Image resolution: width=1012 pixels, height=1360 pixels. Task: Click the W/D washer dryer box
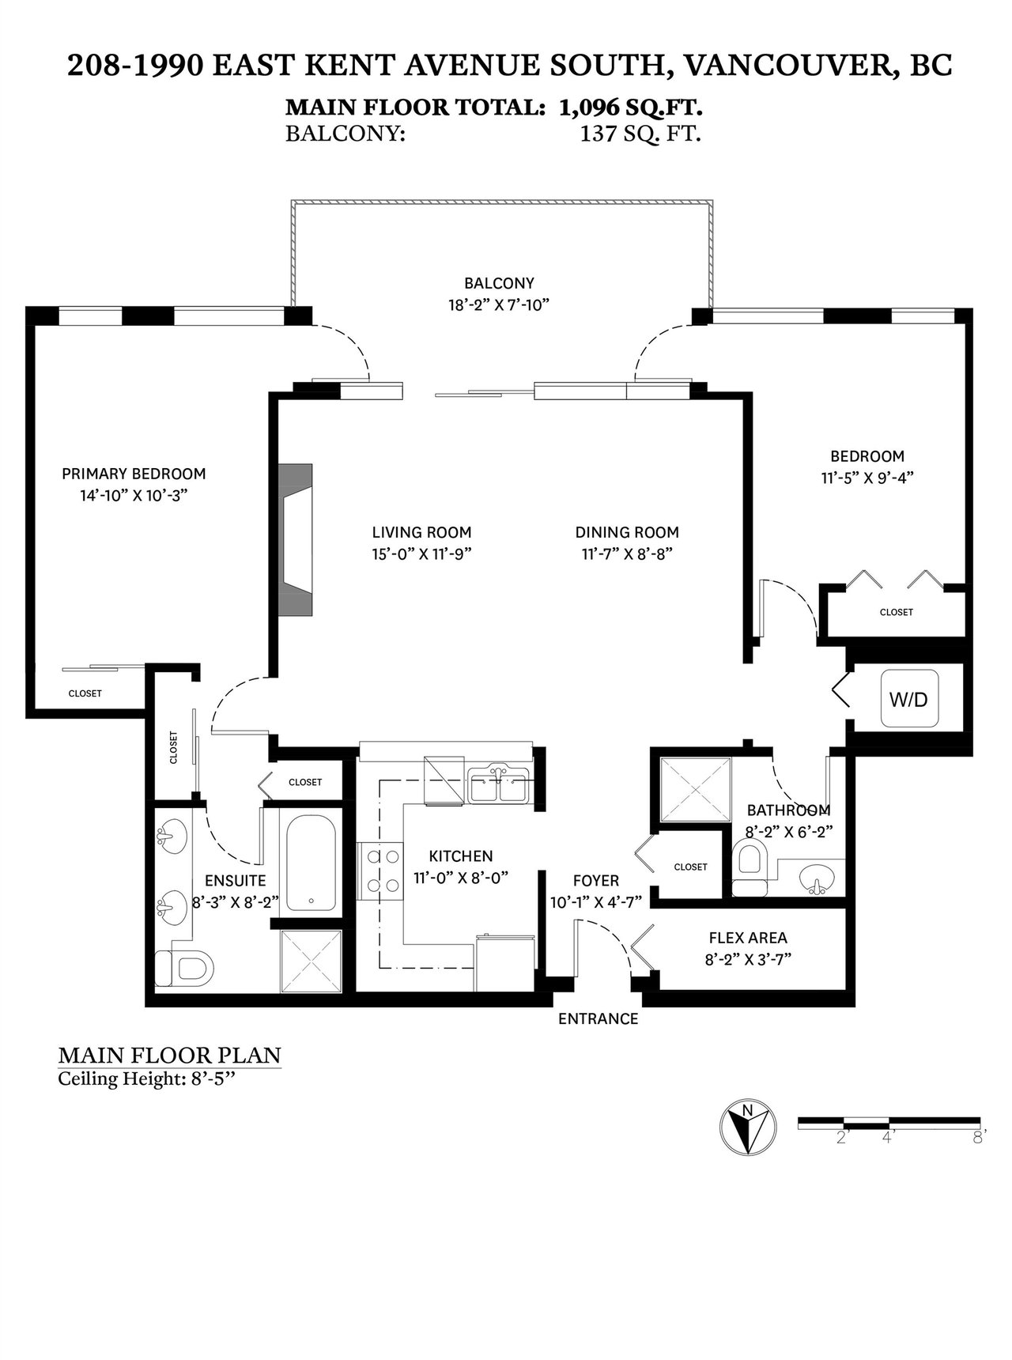click(x=910, y=700)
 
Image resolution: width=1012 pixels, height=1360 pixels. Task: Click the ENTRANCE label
click(x=598, y=1018)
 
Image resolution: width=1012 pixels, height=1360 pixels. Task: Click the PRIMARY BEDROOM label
click(x=134, y=474)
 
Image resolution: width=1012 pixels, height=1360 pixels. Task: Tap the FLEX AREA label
click(x=748, y=938)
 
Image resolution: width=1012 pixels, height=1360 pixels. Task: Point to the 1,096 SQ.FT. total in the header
click(x=631, y=107)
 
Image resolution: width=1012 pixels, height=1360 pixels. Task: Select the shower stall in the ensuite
click(x=313, y=960)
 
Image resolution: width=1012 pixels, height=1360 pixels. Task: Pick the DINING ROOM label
click(x=627, y=532)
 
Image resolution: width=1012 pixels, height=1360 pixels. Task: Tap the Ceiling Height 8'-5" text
click(x=148, y=1079)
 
